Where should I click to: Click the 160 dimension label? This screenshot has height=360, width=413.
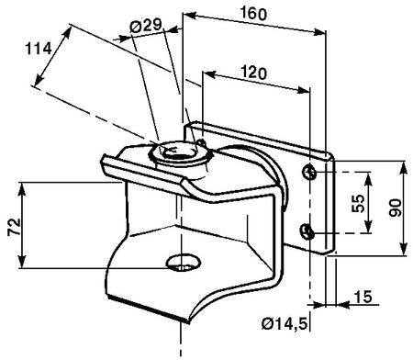[x=253, y=13]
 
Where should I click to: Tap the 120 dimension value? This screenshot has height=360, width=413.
[x=253, y=73]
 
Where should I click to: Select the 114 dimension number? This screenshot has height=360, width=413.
[x=39, y=49]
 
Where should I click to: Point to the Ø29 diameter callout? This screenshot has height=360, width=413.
[x=145, y=26]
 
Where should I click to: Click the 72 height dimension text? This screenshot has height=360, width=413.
[x=15, y=227]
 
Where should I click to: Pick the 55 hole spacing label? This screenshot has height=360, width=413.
[x=358, y=203]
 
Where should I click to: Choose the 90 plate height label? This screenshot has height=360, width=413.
[x=396, y=208]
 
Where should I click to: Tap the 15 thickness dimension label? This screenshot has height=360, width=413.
[x=363, y=297]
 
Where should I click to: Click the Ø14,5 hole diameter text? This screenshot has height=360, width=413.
[x=285, y=323]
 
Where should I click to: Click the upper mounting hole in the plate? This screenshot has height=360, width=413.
[x=309, y=172]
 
